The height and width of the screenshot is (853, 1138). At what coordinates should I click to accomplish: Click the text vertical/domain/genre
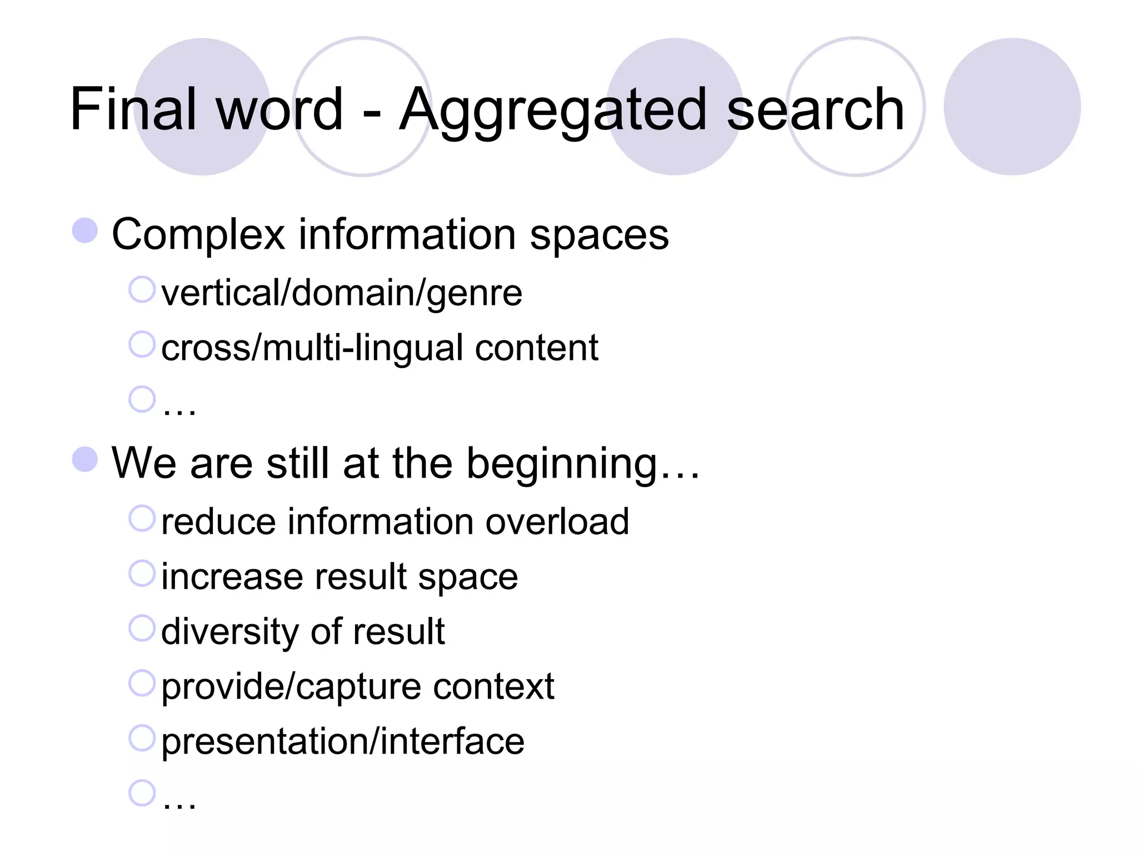click(x=341, y=293)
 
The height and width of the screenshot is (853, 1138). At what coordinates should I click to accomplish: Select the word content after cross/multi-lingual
click(x=536, y=348)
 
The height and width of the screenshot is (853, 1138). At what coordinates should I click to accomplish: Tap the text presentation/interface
click(x=342, y=741)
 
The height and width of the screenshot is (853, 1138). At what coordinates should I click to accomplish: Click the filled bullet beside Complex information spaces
click(x=85, y=230)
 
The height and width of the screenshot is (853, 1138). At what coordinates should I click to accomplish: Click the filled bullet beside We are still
click(x=85, y=459)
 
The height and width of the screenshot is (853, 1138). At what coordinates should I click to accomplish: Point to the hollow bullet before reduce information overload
click(x=141, y=518)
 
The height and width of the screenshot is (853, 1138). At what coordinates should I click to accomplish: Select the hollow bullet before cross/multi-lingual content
click(x=141, y=344)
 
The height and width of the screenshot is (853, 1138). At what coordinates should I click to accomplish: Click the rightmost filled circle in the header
click(x=1012, y=107)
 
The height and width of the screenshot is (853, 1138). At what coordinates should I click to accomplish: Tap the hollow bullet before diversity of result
click(x=141, y=628)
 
